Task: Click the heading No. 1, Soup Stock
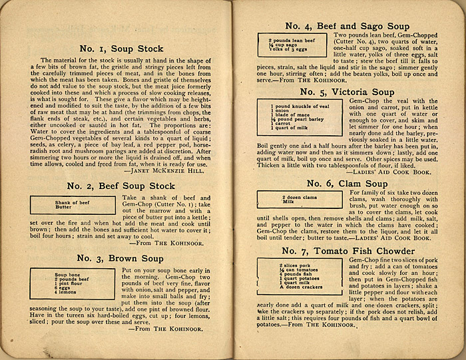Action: [x=121, y=49]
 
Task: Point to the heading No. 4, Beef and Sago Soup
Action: [x=347, y=26]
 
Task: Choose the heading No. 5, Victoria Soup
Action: [x=347, y=91]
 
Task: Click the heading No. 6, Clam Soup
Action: [x=347, y=184]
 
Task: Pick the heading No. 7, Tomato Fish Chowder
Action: [x=347, y=250]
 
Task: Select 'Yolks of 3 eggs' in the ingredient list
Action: [x=288, y=50]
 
